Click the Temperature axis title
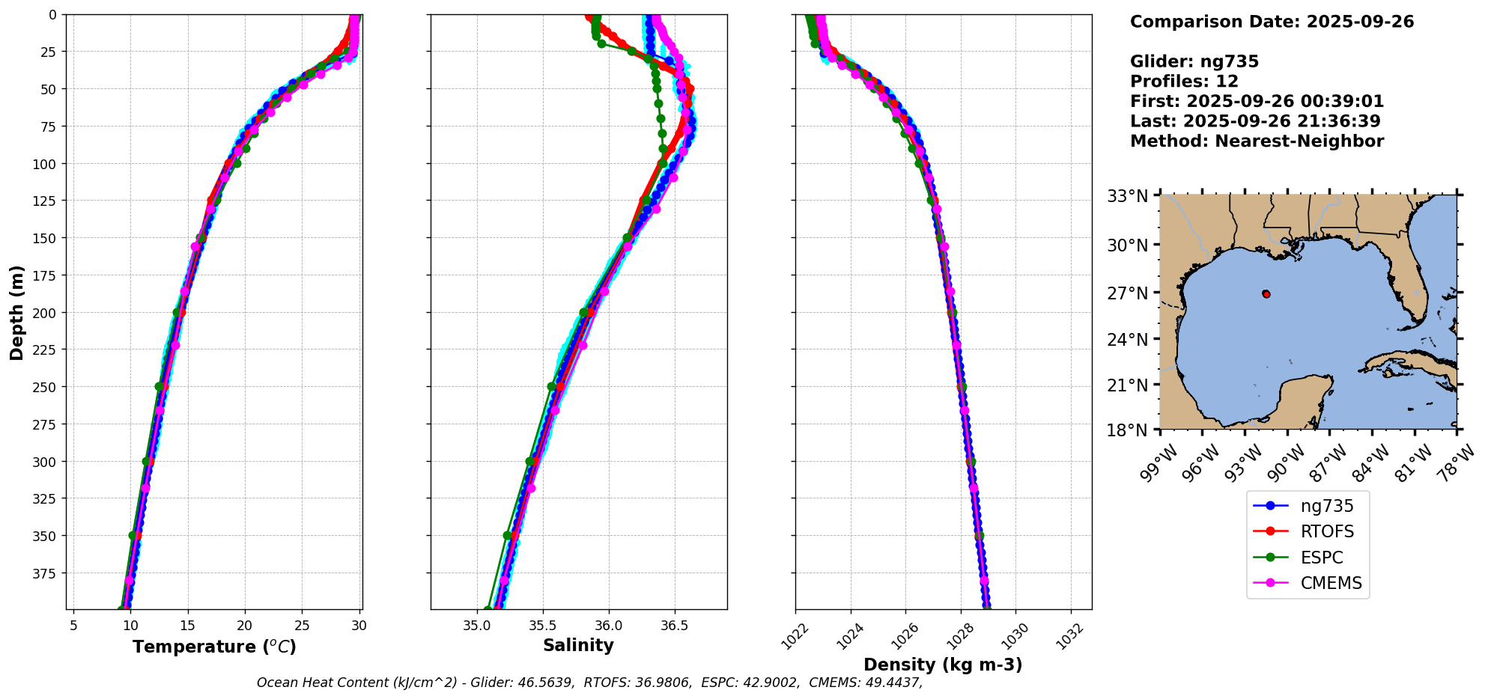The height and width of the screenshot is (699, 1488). click(x=214, y=647)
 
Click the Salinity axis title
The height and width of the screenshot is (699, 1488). click(x=578, y=646)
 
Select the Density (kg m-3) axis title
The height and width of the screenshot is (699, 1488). click(x=943, y=665)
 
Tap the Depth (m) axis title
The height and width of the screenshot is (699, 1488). click(x=16, y=312)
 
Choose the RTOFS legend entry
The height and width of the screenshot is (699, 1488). click(x=1327, y=531)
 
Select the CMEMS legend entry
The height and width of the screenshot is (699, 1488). click(x=1331, y=583)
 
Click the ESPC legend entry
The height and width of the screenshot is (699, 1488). click(x=1322, y=558)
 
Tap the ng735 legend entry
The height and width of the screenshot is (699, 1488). click(x=1327, y=506)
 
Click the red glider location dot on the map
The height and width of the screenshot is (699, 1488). click(x=1266, y=294)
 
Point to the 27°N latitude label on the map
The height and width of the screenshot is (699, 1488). click(x=1127, y=293)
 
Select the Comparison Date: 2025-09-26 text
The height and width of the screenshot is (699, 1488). click(x=1272, y=22)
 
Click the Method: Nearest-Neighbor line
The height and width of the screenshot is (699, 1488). click(x=1257, y=141)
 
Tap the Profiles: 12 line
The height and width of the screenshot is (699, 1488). click(x=1184, y=82)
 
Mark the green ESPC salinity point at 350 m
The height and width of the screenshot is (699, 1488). click(x=508, y=536)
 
